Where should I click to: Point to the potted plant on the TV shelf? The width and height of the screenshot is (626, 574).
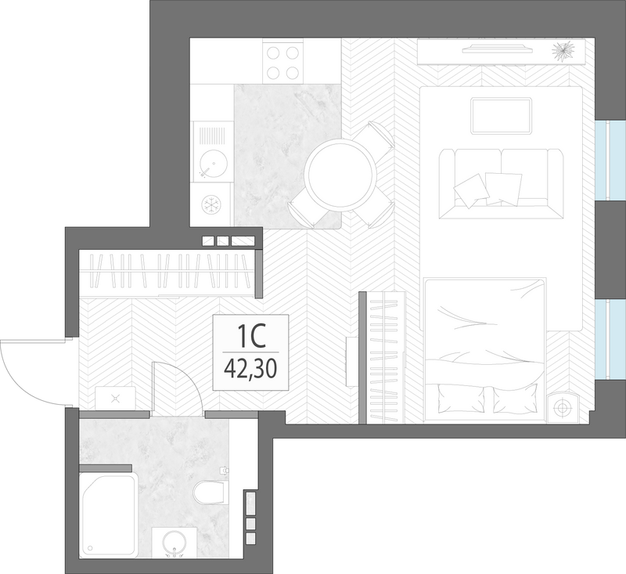coord(563,51)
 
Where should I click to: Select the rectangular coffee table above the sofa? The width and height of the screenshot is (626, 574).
coord(502,116)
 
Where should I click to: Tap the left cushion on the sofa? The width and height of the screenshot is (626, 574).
coord(472,190)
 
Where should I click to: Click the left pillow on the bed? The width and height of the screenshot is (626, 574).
coord(461,399)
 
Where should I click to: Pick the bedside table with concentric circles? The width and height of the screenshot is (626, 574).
coord(563,406)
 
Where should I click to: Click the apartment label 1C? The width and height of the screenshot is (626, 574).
coord(251,336)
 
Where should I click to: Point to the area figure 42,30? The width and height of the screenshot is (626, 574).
coord(250,369)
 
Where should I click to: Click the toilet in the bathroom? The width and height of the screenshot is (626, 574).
coord(210,492)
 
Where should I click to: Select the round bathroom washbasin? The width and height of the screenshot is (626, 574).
coord(175,543)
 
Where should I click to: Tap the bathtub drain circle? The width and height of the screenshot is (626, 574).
coord(90,549)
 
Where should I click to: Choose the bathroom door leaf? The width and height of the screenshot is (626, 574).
coord(153,387)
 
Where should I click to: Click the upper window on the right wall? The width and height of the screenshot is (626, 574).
coord(610,160)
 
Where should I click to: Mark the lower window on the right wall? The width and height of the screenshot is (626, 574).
coord(610,340)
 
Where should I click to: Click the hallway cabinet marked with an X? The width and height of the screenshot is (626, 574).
coord(115,398)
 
